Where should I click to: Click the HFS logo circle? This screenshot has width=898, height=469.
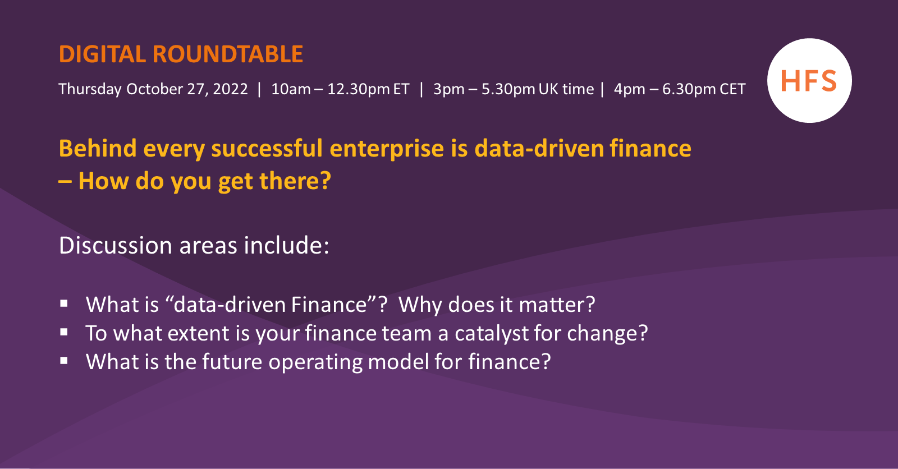coord(809,81)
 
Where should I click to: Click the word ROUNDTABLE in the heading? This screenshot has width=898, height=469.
coord(227,54)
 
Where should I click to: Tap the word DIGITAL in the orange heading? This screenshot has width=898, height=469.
coord(102,54)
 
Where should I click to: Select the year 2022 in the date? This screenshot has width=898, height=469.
coord(230,89)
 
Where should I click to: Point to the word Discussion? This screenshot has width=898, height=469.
coord(116,246)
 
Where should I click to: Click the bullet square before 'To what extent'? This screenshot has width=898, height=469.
coord(65,332)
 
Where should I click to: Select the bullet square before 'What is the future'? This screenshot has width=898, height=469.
coord(65,361)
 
